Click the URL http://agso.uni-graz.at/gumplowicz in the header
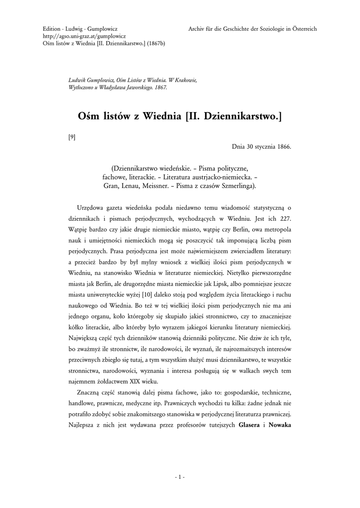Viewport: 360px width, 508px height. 84,36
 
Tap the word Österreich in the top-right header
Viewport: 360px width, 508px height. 304,29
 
